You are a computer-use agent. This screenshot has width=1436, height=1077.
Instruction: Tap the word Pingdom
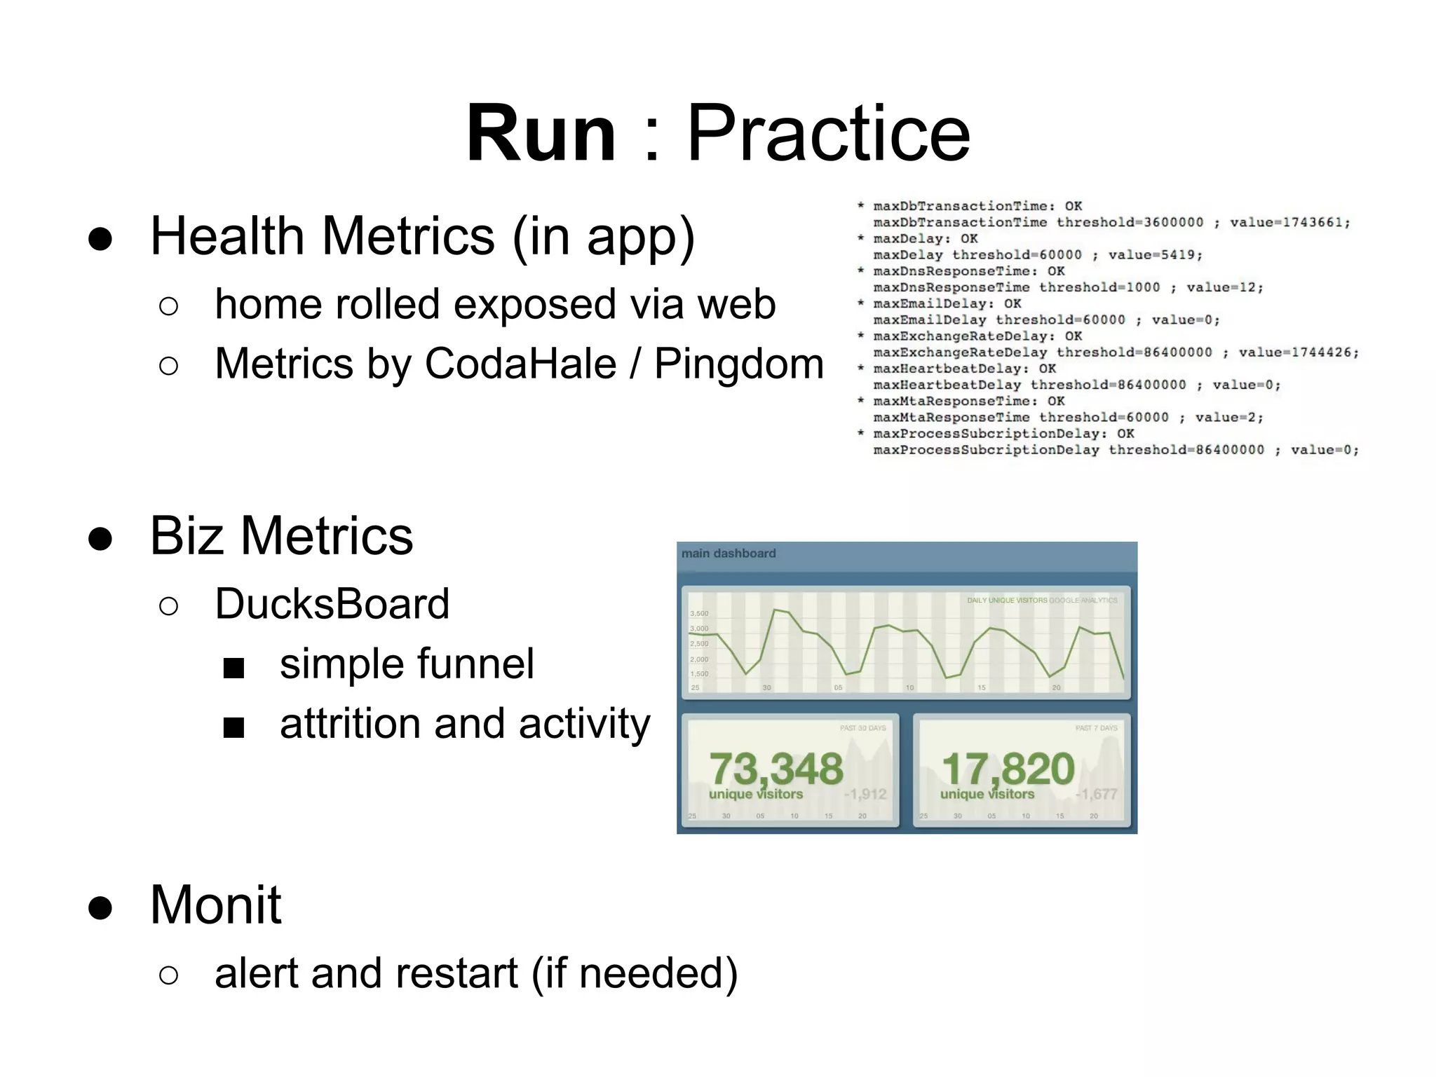tap(738, 364)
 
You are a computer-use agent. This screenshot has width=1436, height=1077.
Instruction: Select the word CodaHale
tap(520, 364)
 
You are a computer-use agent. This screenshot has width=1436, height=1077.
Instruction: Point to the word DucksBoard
tap(332, 604)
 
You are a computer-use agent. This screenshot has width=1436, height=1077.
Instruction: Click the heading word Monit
tap(215, 905)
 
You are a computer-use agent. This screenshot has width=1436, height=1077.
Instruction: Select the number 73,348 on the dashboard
tap(776, 769)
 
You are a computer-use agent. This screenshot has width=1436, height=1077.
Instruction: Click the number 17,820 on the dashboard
tap(1008, 769)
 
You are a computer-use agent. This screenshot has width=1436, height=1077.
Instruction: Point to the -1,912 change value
tap(865, 794)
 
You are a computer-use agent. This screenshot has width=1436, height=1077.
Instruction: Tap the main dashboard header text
tap(729, 554)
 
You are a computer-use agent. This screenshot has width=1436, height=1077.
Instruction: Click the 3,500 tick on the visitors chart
tap(699, 613)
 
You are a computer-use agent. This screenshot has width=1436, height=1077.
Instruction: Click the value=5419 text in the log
tap(1155, 255)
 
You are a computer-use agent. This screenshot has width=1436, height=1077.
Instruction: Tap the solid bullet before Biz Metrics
tap(100, 538)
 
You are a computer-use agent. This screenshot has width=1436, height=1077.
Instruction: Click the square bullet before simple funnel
tap(233, 668)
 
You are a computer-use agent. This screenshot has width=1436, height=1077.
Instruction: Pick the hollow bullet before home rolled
tap(168, 306)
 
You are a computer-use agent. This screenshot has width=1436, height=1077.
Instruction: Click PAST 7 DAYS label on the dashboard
tap(1096, 728)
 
